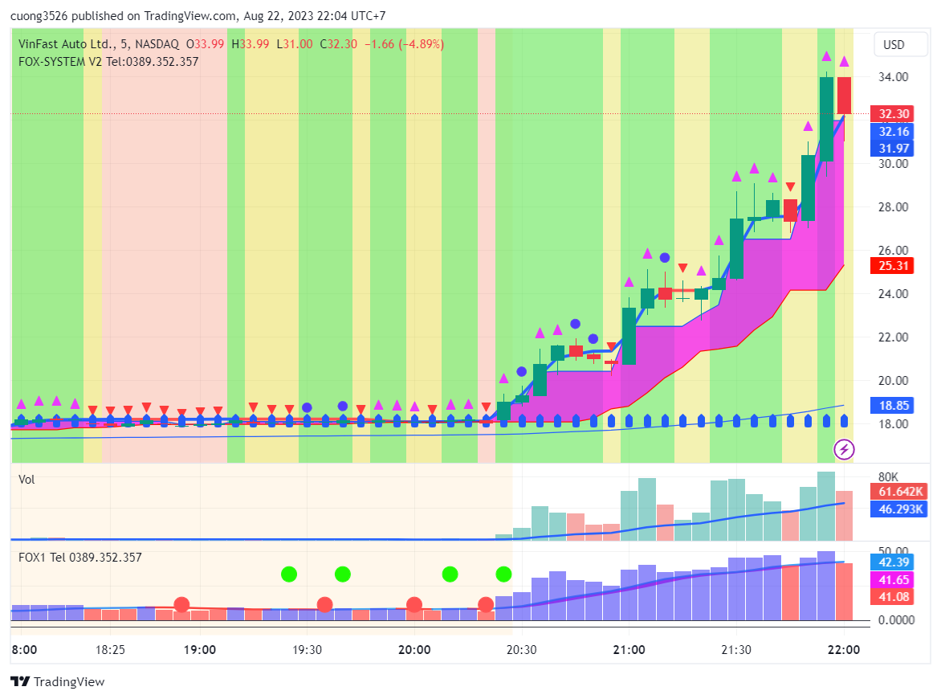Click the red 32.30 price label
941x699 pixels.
pyautogui.click(x=893, y=114)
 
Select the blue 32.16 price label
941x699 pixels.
pyautogui.click(x=893, y=132)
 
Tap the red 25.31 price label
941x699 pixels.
pyautogui.click(x=893, y=266)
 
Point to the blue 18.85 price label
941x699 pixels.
pyautogui.click(x=893, y=405)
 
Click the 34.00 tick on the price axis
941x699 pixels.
pyautogui.click(x=893, y=77)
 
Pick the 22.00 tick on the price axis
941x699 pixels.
pyautogui.click(x=893, y=337)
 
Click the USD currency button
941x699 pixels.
pyautogui.click(x=894, y=45)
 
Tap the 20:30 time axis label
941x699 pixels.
pyautogui.click(x=521, y=650)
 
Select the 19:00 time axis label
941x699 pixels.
pyautogui.click(x=199, y=650)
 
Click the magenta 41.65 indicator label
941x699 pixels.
pyautogui.click(x=893, y=578)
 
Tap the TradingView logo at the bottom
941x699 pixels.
pyautogui.click(x=58, y=682)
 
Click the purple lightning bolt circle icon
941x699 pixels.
pyautogui.click(x=844, y=450)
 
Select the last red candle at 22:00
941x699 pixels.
pyautogui.click(x=845, y=96)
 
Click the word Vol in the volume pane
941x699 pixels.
pyautogui.click(x=27, y=480)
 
